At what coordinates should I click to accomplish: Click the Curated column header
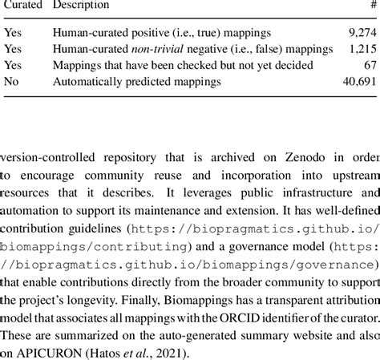pyautogui.click(x=21, y=6)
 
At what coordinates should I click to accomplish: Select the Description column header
pyautogui.click(x=81, y=6)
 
